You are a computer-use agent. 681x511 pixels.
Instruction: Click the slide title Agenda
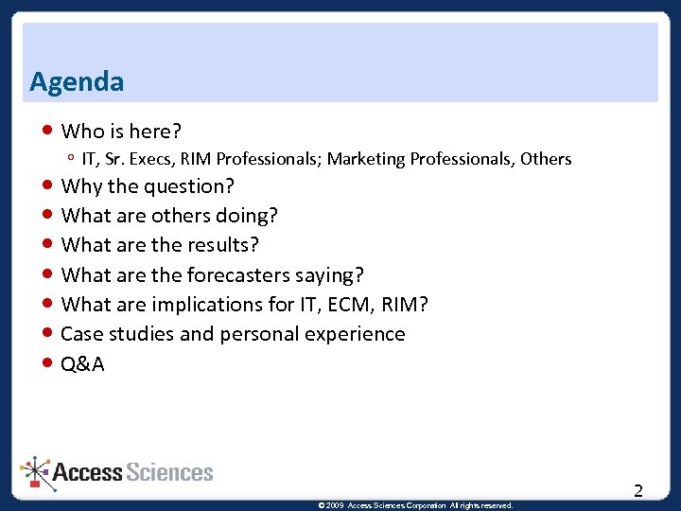tap(77, 82)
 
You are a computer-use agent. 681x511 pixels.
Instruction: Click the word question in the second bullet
tap(189, 186)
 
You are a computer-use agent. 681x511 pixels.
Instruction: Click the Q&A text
tap(83, 364)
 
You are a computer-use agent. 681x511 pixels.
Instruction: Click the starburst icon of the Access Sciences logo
tap(35, 470)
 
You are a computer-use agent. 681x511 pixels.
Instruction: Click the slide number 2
tap(638, 490)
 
